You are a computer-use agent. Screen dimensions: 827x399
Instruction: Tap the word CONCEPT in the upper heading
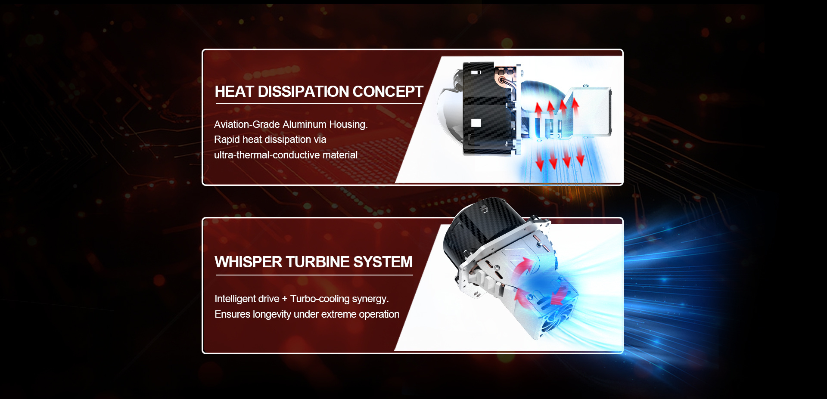(388, 92)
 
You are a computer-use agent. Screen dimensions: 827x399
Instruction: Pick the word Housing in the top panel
(348, 125)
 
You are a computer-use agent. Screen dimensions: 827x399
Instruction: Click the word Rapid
(227, 140)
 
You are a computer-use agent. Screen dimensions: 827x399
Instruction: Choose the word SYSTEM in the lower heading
(383, 262)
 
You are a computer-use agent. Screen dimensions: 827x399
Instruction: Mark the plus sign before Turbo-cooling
(285, 299)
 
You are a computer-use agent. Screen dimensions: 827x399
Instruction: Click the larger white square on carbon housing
(476, 123)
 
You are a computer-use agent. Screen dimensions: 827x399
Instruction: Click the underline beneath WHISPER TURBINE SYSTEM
(314, 275)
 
